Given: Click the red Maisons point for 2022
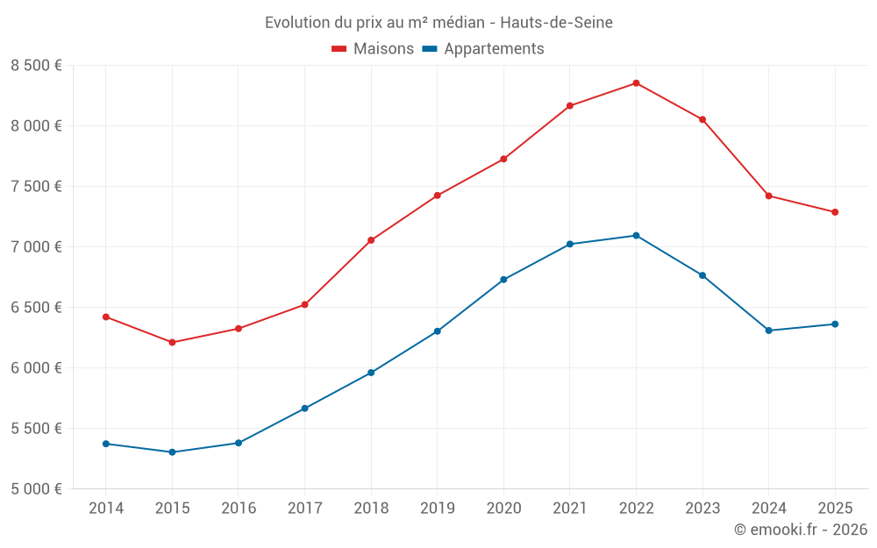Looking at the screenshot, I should tap(636, 83).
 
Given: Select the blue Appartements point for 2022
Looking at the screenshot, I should tap(636, 236).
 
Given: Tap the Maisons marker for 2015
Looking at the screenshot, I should tap(172, 342).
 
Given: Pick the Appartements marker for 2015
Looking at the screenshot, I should tap(172, 452).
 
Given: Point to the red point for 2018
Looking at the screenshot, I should tap(371, 240).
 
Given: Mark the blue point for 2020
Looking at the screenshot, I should tap(503, 280).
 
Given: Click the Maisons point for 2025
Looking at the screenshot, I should tap(835, 212).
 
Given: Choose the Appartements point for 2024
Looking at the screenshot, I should tap(768, 331).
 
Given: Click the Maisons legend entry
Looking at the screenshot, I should tap(373, 49).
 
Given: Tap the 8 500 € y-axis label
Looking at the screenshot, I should tap(36, 66).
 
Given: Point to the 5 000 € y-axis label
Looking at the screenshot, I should tap(36, 489).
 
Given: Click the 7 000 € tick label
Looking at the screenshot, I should tap(36, 247).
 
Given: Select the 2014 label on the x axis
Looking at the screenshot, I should tap(106, 509).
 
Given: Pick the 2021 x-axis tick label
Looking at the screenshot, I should tap(570, 509).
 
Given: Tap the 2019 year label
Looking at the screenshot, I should tap(438, 509).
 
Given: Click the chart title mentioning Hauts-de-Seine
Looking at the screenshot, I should tap(438, 22).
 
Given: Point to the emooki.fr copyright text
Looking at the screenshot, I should tap(801, 530).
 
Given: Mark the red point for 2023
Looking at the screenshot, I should tap(702, 119).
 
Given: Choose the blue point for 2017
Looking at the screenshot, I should tap(304, 409).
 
